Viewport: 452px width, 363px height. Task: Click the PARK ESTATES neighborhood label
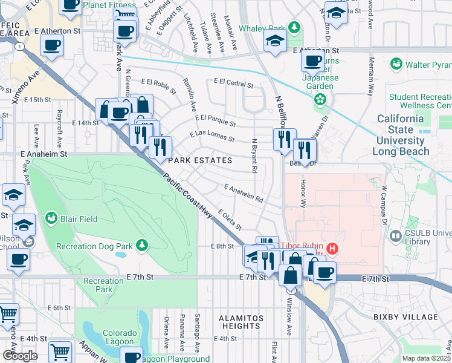(x=200, y=160)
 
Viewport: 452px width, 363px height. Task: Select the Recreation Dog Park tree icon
(x=141, y=245)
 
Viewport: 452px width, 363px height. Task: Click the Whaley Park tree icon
(x=294, y=27)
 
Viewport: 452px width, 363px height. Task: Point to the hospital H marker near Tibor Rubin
(x=331, y=248)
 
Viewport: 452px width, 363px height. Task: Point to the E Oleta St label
(x=230, y=220)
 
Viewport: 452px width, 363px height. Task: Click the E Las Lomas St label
(x=212, y=136)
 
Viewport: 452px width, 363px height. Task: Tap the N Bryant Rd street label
(x=254, y=156)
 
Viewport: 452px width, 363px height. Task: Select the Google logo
(x=20, y=356)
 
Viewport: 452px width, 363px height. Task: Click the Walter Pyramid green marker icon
(x=396, y=63)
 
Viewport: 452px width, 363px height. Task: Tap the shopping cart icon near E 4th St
(x=60, y=351)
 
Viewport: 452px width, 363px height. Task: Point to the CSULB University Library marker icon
(x=396, y=236)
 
